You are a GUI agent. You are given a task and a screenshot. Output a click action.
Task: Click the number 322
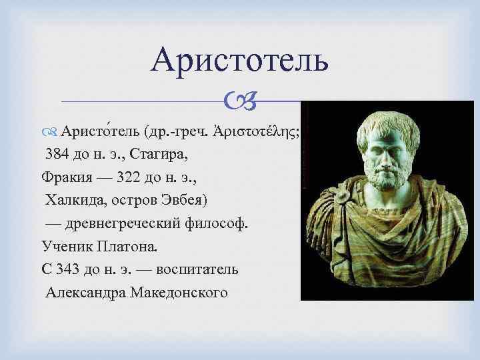click(130, 178)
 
